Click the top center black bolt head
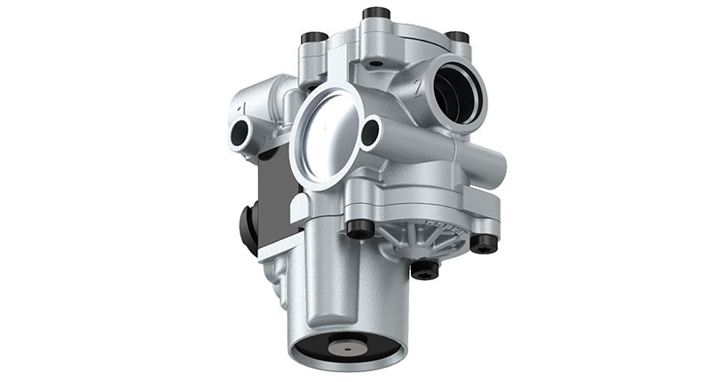tap(376, 13)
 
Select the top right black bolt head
tap(457, 37)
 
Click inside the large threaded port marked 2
tap(459, 92)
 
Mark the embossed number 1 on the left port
tap(241, 109)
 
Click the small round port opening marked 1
tap(241, 134)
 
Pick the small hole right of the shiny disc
tap(370, 133)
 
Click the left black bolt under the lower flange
tap(359, 229)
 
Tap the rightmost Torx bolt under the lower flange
tap(484, 242)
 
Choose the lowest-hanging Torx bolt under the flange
tap(425, 268)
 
